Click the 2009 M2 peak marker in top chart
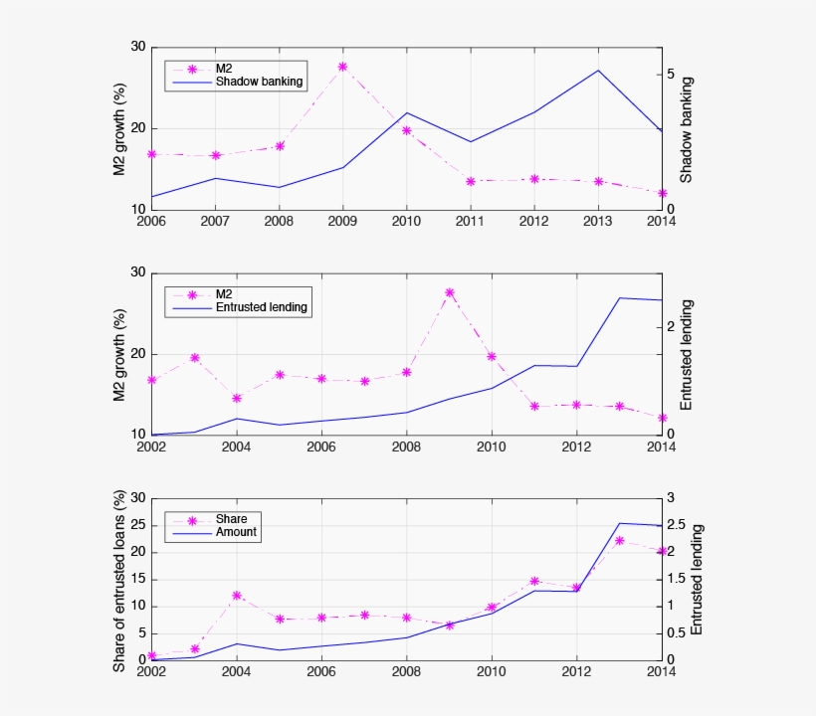pyautogui.click(x=342, y=67)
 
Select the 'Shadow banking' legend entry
pyautogui.click(x=259, y=82)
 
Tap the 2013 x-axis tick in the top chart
pyautogui.click(x=597, y=220)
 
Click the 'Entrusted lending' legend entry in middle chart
pyautogui.click(x=262, y=308)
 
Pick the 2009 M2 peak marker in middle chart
pyautogui.click(x=449, y=292)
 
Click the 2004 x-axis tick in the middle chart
pyautogui.click(x=236, y=447)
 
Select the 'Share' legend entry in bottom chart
pyautogui.click(x=231, y=518)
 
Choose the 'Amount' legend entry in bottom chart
pyautogui.click(x=236, y=532)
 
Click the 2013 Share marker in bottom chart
pyautogui.click(x=619, y=541)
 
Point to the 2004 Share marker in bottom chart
pyautogui.click(x=236, y=596)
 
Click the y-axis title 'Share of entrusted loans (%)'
pyautogui.click(x=119, y=580)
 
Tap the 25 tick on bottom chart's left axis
pyautogui.click(x=138, y=525)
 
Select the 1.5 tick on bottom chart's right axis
pyautogui.click(x=677, y=579)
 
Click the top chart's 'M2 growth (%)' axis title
pyautogui.click(x=119, y=129)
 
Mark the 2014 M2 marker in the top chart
pyautogui.click(x=661, y=193)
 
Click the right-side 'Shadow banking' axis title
pyautogui.click(x=686, y=129)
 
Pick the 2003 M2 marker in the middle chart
pyautogui.click(x=195, y=357)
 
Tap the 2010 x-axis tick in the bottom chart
pyautogui.click(x=491, y=671)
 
